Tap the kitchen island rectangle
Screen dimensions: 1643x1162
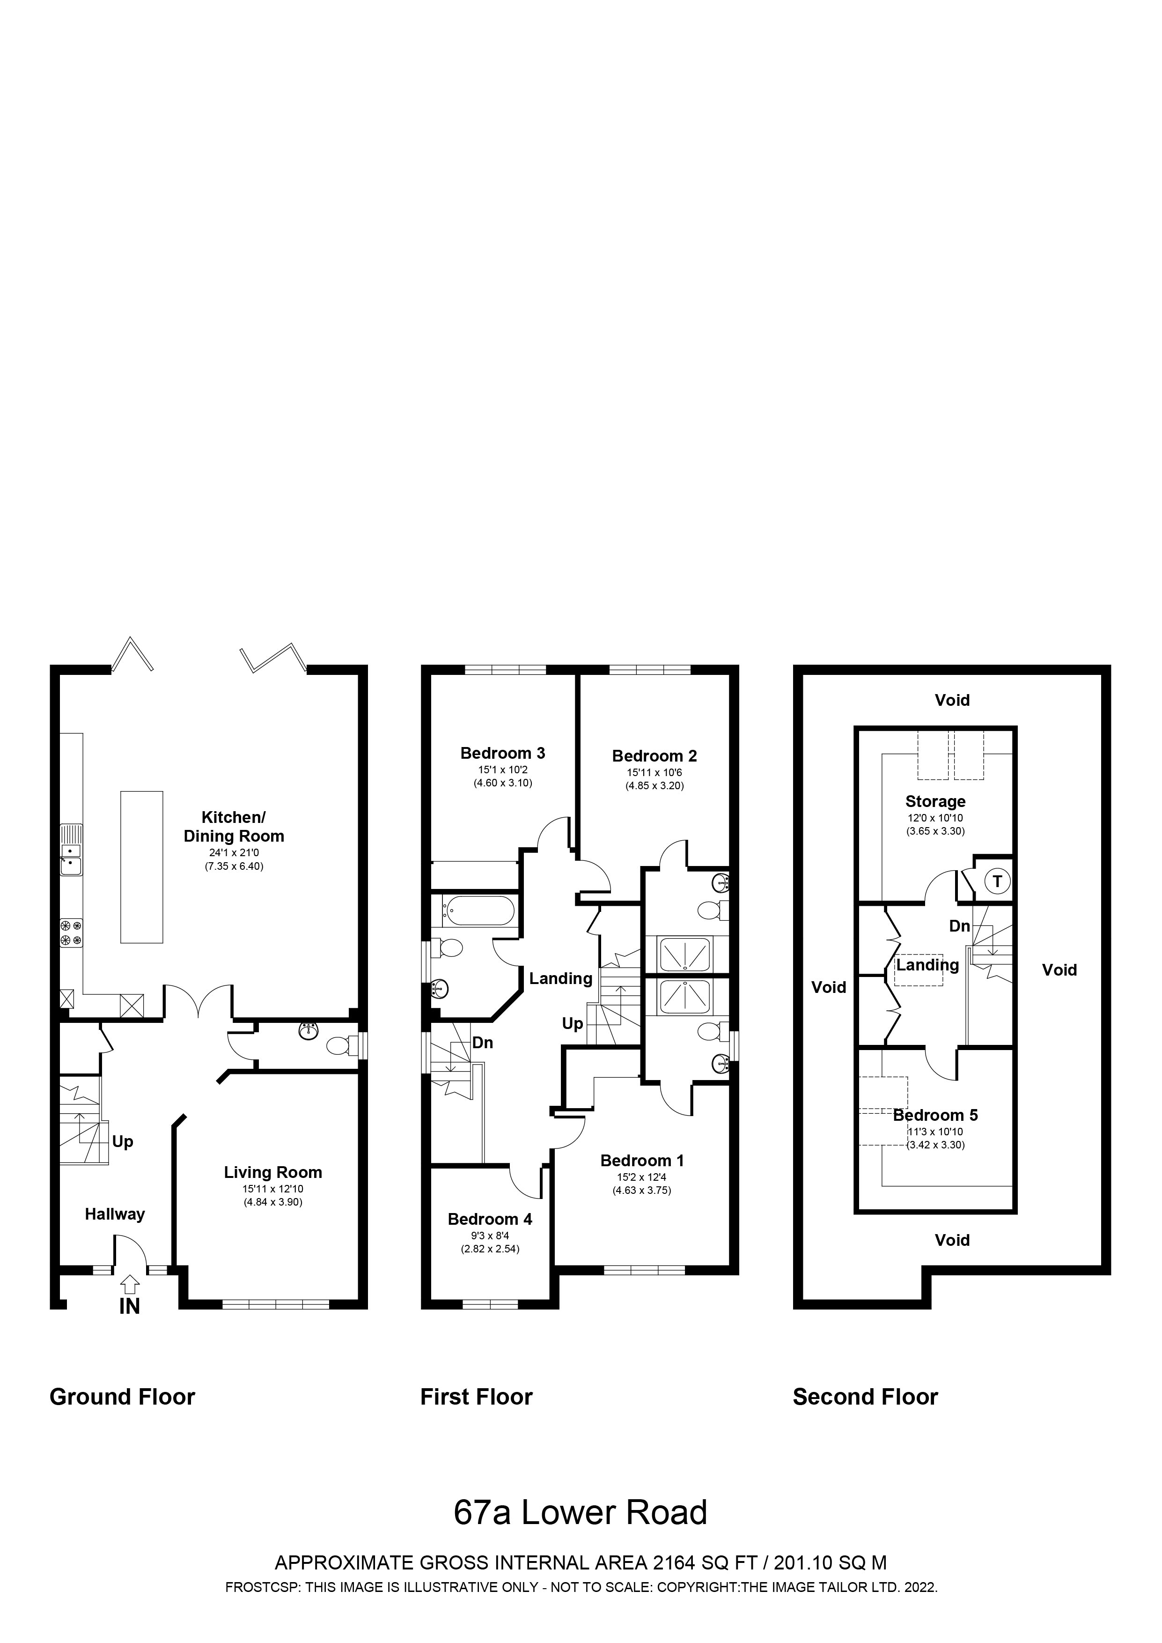(142, 866)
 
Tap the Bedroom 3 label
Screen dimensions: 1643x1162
(502, 753)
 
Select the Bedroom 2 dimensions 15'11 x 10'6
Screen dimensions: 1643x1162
(654, 773)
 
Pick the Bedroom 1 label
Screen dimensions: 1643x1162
(642, 1160)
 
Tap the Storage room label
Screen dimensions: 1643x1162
(935, 801)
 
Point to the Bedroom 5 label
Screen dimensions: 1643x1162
(935, 1115)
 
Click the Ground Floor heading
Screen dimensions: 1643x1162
(122, 1396)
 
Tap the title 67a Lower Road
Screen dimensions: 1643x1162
(580, 1512)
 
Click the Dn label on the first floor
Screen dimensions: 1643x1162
(482, 1043)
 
